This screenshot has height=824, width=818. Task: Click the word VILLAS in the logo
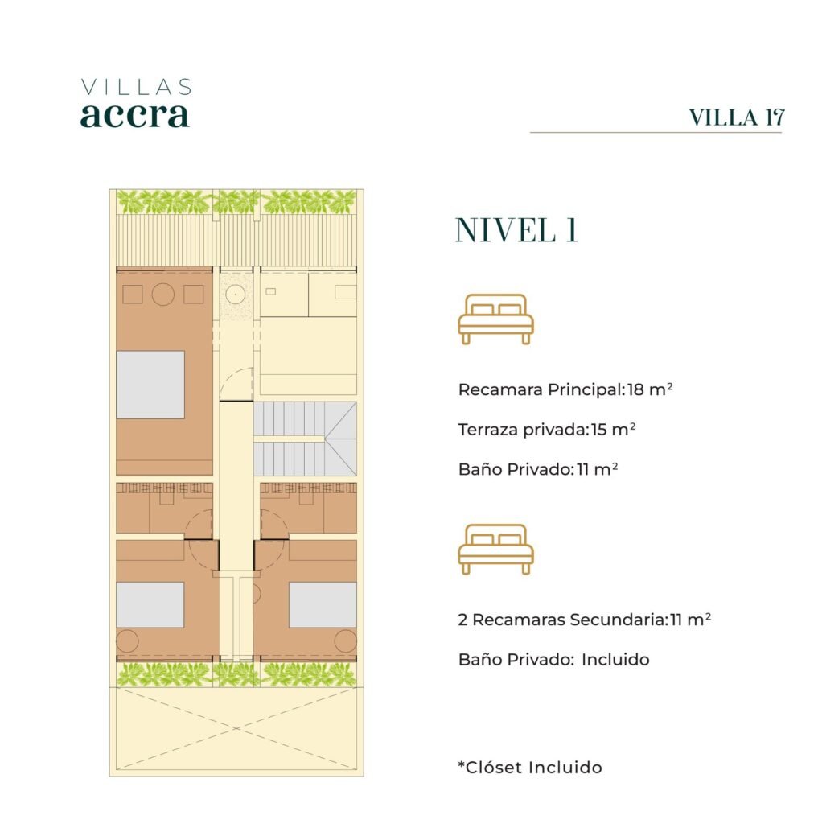tap(137, 87)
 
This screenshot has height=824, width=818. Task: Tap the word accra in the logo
tap(134, 115)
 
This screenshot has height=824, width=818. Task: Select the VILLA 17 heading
tap(737, 117)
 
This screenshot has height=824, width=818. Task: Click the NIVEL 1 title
tap(516, 230)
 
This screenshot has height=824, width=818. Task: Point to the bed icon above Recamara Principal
tap(496, 319)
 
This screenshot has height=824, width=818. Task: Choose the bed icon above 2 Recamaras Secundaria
tap(496, 549)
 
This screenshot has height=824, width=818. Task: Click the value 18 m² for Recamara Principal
tap(650, 389)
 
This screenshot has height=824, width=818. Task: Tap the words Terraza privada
tap(520, 430)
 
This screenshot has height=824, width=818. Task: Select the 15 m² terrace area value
tap(614, 430)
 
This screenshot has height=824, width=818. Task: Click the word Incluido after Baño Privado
tap(615, 660)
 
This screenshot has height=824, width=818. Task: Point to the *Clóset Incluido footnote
tap(530, 768)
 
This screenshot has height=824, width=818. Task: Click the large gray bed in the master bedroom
tap(150, 385)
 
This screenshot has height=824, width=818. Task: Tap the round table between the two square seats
tap(162, 295)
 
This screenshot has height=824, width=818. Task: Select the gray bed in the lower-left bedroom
tap(150, 605)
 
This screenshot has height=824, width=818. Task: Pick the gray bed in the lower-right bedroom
tap(323, 605)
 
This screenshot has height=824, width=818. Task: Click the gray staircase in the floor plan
tap(305, 439)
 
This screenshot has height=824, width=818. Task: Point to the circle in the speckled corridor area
tap(236, 294)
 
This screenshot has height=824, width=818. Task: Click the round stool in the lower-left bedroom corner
tap(127, 641)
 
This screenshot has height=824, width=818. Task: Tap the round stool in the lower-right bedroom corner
tap(346, 641)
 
